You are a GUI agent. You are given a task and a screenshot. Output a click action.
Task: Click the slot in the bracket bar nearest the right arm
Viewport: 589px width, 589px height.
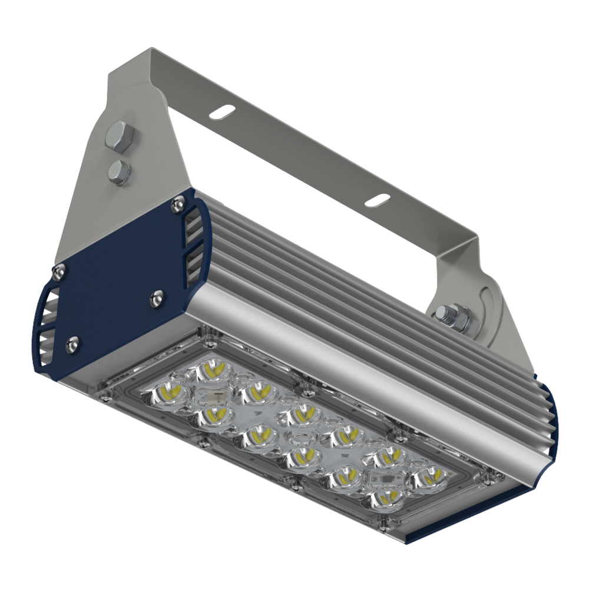point(377,200)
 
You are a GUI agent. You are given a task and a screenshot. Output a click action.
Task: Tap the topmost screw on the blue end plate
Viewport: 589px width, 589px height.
point(175,203)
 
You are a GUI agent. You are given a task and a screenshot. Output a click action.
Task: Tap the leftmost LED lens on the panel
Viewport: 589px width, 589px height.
point(169,391)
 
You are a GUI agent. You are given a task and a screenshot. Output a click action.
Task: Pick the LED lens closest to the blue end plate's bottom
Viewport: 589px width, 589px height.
point(169,391)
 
